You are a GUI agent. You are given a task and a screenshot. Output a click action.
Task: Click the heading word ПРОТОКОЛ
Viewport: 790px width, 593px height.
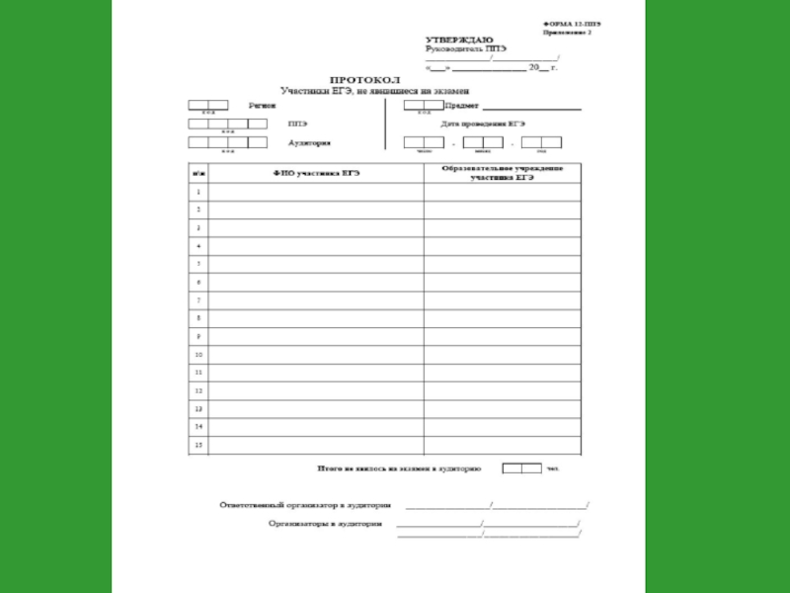click(x=363, y=79)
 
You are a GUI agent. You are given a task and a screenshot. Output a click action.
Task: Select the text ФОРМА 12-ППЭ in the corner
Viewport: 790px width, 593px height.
click(x=572, y=22)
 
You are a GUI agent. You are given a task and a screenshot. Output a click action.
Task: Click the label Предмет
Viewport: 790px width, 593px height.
click(x=463, y=104)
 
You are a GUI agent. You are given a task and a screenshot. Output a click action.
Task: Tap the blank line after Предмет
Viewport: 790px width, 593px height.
click(x=538, y=105)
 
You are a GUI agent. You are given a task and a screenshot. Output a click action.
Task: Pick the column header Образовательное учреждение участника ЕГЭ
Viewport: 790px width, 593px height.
click(x=503, y=173)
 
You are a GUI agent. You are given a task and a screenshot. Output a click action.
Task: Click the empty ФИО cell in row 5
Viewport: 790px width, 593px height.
click(x=316, y=264)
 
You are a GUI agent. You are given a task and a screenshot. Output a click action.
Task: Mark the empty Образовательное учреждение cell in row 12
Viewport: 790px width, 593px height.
click(x=503, y=390)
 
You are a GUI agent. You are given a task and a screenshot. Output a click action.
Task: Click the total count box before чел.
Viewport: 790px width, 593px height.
click(x=520, y=468)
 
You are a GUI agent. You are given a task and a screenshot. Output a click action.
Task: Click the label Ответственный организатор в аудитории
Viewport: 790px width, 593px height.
click(x=312, y=504)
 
